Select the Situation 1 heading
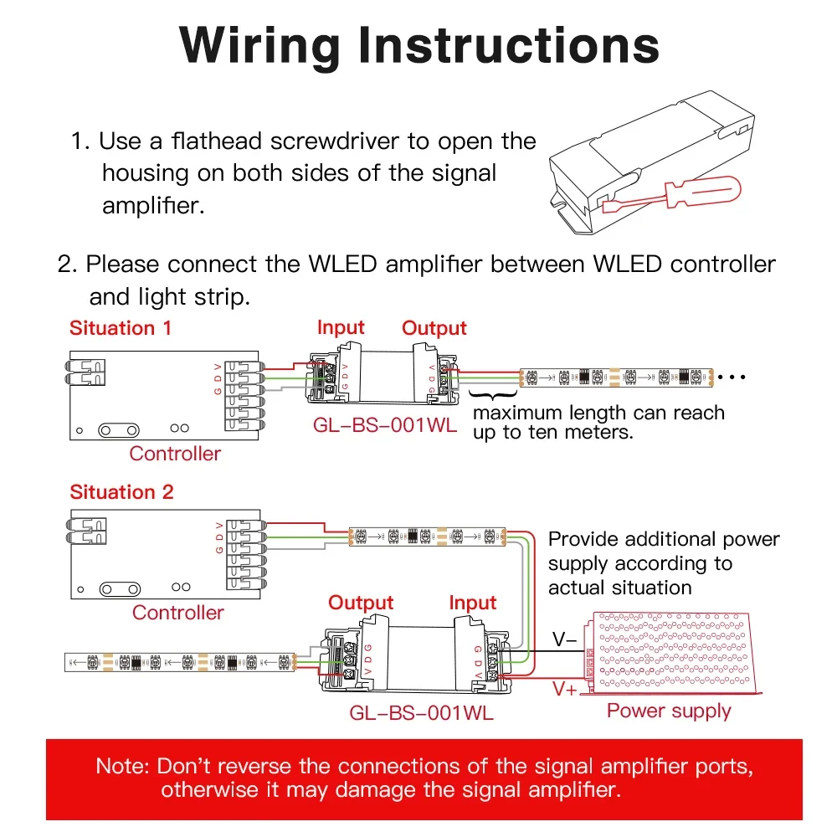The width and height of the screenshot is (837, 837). coord(121,327)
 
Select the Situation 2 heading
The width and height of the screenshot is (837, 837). coord(121,491)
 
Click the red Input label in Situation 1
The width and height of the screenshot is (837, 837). coord(341,327)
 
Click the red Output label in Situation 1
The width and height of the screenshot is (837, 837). coord(434,328)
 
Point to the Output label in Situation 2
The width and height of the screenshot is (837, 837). coord(361,603)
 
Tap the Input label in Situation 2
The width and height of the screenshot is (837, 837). coord(473,603)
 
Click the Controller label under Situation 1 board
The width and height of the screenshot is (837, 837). coord(175,454)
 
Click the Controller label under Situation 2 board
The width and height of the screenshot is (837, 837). coord(177,612)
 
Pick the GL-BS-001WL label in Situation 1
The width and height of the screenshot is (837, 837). coord(385,424)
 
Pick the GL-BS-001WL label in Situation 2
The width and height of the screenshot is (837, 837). coord(421,713)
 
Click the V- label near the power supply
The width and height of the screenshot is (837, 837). coord(564,640)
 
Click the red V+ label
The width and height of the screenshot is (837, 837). coord(564,690)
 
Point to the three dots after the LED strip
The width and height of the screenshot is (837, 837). coord(732,377)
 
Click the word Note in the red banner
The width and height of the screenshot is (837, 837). coord(121,766)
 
